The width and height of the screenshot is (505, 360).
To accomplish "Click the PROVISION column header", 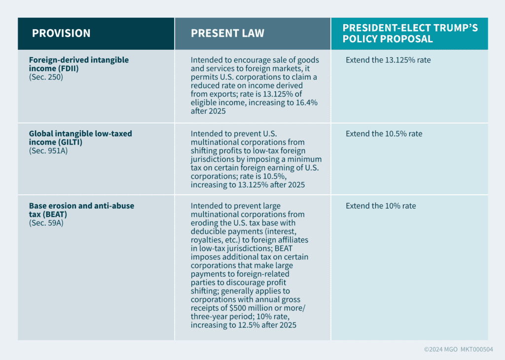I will [x=61, y=34].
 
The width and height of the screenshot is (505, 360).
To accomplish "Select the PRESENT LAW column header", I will [x=227, y=34].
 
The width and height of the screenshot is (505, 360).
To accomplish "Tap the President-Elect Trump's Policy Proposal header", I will [x=410, y=34].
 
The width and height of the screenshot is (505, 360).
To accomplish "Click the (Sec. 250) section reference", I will [x=46, y=77].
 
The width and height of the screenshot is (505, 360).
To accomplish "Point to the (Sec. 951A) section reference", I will [x=48, y=150].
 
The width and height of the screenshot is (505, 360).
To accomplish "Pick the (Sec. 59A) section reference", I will [x=46, y=223].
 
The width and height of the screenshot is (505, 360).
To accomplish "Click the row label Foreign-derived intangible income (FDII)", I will [x=78, y=64].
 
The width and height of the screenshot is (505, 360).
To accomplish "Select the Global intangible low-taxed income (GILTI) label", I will [x=80, y=138].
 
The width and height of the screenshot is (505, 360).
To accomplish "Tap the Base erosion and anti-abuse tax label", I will [x=81, y=210].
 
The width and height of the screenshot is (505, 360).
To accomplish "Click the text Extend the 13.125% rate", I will [x=388, y=61].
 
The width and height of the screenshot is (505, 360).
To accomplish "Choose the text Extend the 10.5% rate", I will [x=384, y=134].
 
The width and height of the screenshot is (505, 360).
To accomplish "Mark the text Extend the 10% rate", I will [x=381, y=206].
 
